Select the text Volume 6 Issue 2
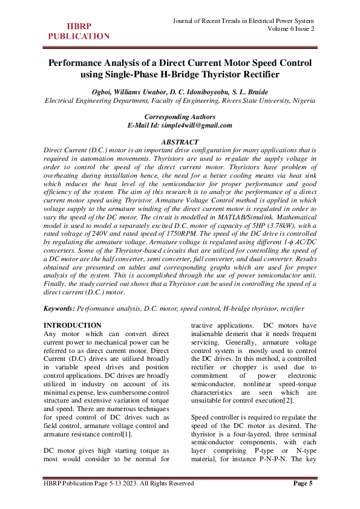(x=291, y=30)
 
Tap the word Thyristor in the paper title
(x=230, y=75)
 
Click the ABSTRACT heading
(x=179, y=141)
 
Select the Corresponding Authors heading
(x=180, y=117)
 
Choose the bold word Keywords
(x=59, y=308)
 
